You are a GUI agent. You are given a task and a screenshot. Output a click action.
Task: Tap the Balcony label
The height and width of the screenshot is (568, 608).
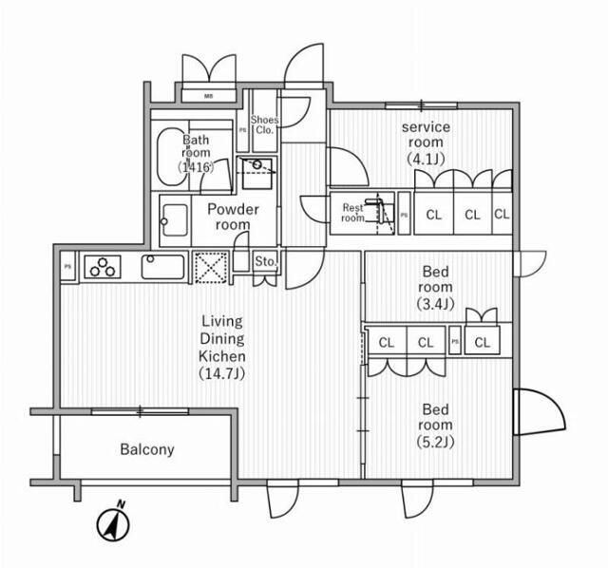pos(147,449)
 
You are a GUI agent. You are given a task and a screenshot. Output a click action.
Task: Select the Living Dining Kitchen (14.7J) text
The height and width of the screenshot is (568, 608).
pos(222,347)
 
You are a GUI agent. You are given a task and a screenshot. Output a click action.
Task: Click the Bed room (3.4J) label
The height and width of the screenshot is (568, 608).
pos(437,287)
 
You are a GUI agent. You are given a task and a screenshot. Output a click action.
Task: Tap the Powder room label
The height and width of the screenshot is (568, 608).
pos(233,217)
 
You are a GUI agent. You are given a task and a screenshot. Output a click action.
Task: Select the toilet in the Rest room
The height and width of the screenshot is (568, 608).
pos(380,210)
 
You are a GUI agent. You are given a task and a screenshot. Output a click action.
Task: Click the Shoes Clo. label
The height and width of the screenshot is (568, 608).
pos(263,124)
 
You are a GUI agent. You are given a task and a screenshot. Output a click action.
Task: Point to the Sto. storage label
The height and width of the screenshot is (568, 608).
pos(265,261)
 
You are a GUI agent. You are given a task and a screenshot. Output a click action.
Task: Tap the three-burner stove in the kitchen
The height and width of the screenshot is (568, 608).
pos(103,267)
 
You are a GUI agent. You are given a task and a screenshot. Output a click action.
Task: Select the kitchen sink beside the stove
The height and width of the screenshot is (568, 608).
pos(163,266)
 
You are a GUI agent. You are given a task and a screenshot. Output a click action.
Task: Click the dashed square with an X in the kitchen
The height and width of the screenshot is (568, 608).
pos(208,267)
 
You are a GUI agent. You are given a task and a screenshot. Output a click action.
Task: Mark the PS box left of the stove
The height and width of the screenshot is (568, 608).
pos(68,267)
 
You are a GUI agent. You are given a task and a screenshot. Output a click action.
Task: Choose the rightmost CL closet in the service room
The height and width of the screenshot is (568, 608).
pos(502,215)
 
